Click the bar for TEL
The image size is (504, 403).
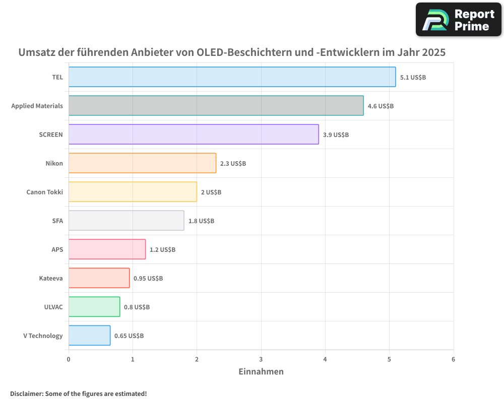232,77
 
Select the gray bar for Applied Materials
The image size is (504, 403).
216,106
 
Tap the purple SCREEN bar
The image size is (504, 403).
194,135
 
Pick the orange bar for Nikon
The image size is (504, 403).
142,163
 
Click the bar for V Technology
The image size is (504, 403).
89,335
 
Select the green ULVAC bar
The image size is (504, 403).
94,307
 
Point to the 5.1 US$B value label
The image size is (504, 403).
413,78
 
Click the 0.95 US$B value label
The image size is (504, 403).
148,279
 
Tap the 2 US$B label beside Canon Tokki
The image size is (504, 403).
211,192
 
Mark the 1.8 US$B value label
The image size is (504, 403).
201,221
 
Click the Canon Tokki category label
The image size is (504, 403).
44,192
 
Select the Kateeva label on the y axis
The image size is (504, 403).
51,278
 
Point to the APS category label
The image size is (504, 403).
57,249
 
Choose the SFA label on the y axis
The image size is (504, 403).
57,221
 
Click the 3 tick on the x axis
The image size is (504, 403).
261,359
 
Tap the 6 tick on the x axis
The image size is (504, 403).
453,359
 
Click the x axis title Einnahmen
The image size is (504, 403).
261,372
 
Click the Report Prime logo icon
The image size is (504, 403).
434,20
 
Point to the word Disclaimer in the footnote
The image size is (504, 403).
26,394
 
